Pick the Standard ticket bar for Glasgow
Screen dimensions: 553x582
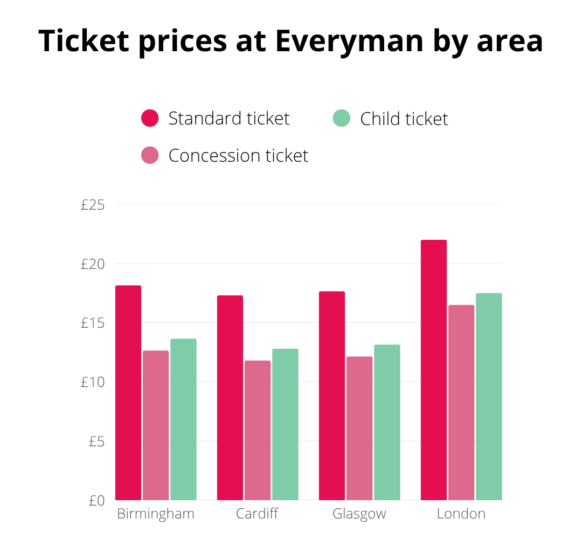(x=331, y=396)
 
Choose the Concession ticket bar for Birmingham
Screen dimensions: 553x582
(x=156, y=425)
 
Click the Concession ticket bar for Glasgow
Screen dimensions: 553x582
(x=359, y=428)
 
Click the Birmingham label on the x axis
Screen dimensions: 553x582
(x=156, y=514)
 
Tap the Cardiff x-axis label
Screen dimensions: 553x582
(x=257, y=514)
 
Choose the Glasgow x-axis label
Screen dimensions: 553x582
(x=359, y=514)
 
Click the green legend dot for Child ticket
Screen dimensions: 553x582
(x=342, y=118)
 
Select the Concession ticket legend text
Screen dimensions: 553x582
(x=238, y=156)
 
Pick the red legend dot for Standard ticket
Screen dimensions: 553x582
(x=150, y=118)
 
